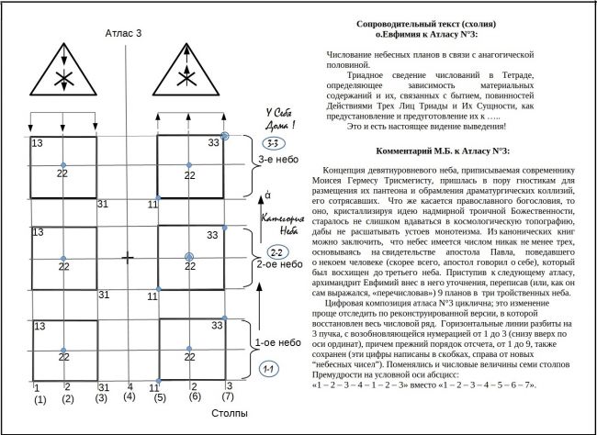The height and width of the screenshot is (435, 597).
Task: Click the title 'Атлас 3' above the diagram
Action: coord(126,33)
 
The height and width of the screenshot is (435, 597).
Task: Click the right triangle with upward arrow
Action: coord(189,76)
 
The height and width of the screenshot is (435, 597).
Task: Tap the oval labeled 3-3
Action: coord(272,144)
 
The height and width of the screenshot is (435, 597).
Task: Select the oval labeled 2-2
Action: coord(276,251)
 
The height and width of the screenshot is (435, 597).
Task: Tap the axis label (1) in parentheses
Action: coord(39,399)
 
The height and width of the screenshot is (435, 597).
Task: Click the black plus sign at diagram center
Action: coord(128,259)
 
